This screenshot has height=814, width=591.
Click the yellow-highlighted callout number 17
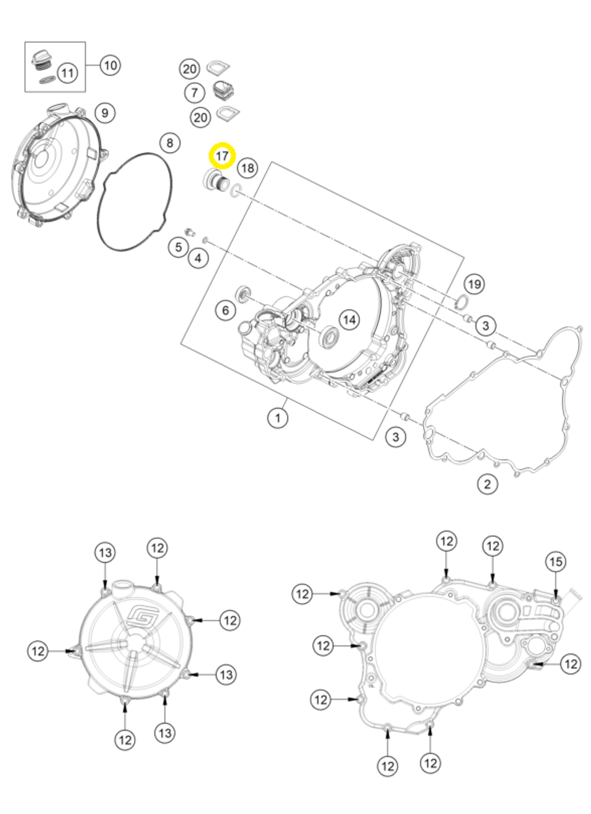click(222, 156)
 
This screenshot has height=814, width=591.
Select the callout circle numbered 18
click(248, 168)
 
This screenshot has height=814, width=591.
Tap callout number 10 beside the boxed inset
click(110, 64)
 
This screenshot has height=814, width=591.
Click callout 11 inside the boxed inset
click(67, 73)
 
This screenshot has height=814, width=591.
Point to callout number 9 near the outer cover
click(104, 112)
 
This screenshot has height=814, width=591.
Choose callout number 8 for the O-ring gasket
click(170, 142)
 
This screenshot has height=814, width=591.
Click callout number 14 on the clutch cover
click(349, 320)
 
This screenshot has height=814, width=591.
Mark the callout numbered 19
click(474, 284)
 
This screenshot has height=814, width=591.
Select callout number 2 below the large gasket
click(487, 484)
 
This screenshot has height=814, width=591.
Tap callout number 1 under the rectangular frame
click(277, 418)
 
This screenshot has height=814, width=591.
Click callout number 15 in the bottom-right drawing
click(556, 561)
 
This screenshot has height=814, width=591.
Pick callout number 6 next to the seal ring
click(225, 310)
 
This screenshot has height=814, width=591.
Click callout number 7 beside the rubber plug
click(194, 93)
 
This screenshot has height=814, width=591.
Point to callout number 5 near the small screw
click(178, 246)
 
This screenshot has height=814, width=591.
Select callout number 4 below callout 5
click(198, 258)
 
